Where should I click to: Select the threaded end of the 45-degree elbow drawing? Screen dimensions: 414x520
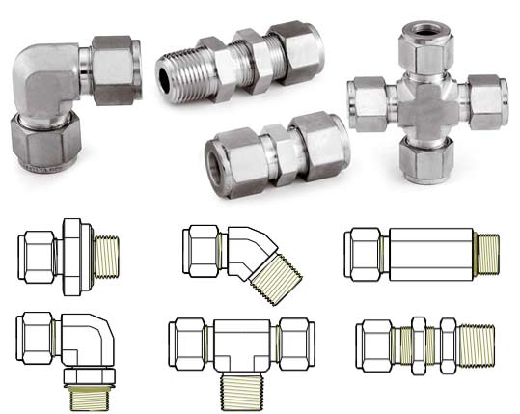pos(269,277)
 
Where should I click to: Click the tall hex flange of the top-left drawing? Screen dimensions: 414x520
pos(73,252)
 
